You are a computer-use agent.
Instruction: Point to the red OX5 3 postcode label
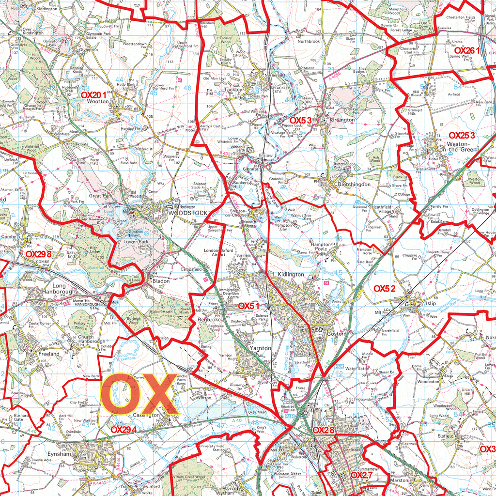tap(300, 120)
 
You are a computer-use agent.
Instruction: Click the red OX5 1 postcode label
tap(249, 306)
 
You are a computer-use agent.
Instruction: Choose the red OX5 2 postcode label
tap(385, 288)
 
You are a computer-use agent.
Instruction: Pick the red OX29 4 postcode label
tap(124, 429)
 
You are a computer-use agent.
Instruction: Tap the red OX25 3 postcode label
tap(462, 136)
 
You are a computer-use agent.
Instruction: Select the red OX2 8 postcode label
tap(324, 430)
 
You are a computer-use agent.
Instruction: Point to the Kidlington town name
tap(291, 274)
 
